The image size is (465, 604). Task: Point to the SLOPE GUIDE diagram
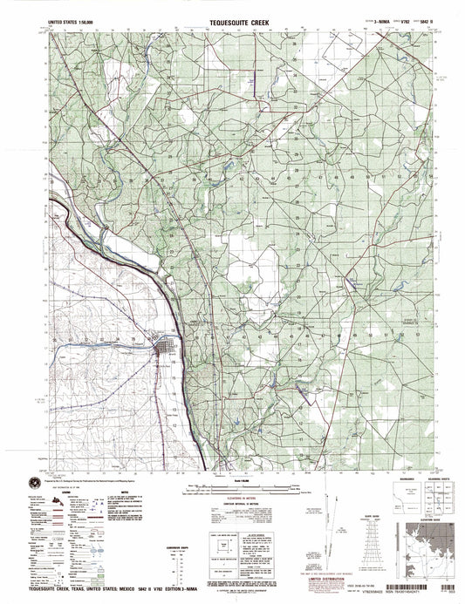383,546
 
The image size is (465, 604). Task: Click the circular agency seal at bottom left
37,480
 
